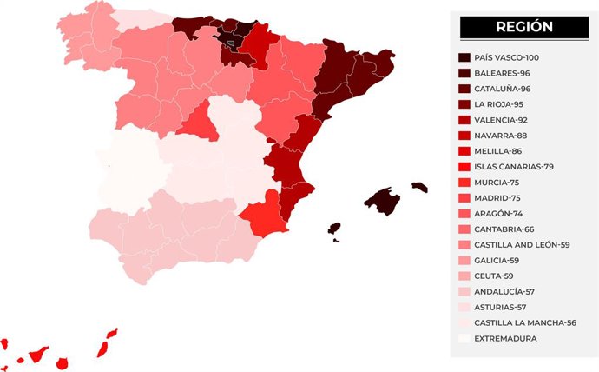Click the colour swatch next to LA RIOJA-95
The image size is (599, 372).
464,104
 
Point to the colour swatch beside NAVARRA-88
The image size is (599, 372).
464,136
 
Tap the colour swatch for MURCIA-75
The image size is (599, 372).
464,183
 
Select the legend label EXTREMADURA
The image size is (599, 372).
511,339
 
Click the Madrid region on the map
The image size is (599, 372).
198,122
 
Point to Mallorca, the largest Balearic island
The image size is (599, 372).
381,201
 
